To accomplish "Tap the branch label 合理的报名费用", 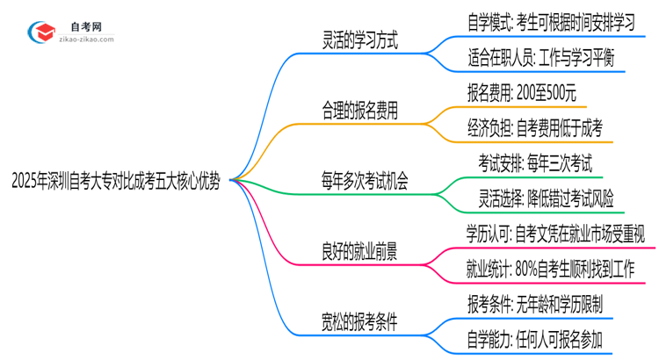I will coord(361,111).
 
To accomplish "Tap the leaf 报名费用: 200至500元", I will coord(523,93).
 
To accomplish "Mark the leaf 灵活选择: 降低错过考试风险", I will coord(540,200).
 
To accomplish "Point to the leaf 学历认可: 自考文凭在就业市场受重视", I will coord(556,234).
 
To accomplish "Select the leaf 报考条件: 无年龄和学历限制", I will coord(535,305).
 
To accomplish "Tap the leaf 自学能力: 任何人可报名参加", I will coord(535,340).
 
